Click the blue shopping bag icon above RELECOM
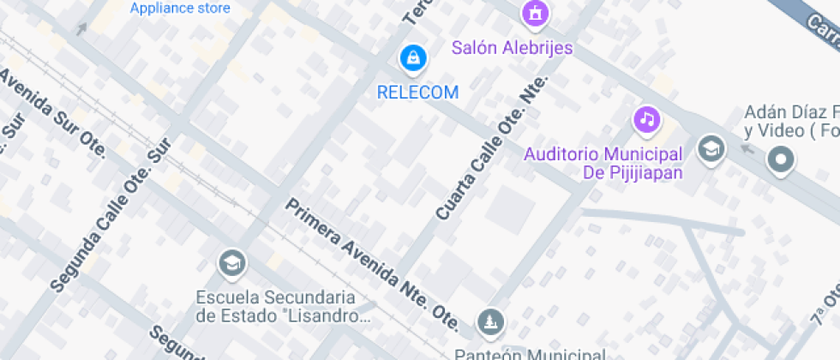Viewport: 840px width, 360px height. click(x=414, y=58)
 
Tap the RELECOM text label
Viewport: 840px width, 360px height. click(x=417, y=92)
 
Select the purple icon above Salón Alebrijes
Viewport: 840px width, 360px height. click(x=536, y=13)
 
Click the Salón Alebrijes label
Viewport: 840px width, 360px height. click(x=512, y=48)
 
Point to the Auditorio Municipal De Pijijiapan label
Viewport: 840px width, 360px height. click(x=603, y=163)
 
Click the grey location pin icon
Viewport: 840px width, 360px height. click(x=780, y=159)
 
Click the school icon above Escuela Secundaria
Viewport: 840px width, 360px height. click(x=231, y=263)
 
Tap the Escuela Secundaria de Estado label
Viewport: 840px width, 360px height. click(x=275, y=307)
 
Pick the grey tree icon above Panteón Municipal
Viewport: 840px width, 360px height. click(x=490, y=322)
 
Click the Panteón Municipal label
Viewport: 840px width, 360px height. click(x=529, y=353)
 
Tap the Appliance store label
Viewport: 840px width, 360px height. click(x=180, y=9)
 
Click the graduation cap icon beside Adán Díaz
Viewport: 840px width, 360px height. click(x=711, y=150)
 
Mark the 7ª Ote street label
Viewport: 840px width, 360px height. click(x=827, y=305)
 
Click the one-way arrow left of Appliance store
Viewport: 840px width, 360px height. click(x=81, y=29)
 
